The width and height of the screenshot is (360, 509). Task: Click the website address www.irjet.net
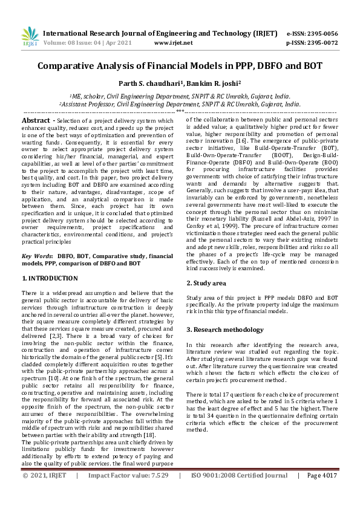[174, 43]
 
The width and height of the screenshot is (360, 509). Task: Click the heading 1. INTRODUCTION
[50, 278]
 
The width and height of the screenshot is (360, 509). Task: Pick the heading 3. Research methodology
[225, 329]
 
